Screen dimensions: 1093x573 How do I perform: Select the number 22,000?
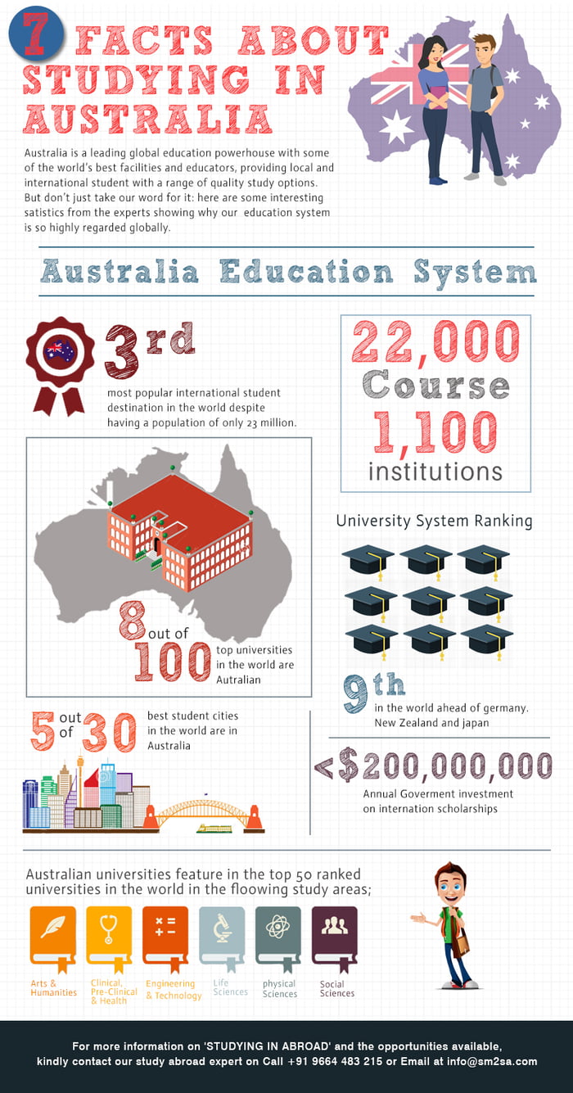pyautogui.click(x=435, y=341)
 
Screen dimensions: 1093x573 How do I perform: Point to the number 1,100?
pyautogui.click(x=435, y=432)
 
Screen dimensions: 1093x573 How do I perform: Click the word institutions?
pyautogui.click(x=435, y=472)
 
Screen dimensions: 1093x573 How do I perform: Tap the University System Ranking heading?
pyautogui.click(x=434, y=521)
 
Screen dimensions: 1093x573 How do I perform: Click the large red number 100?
pyautogui.click(x=173, y=662)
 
